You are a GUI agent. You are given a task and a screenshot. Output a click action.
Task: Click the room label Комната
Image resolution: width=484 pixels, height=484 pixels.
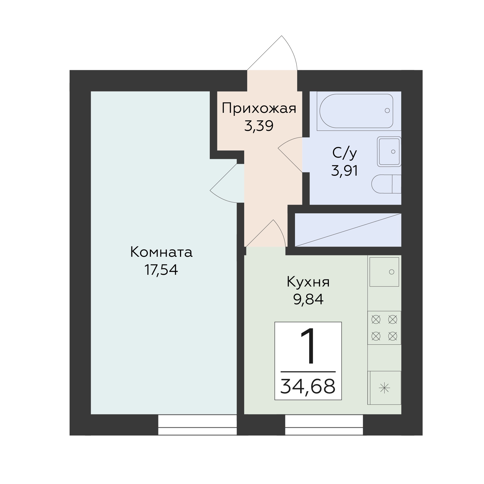tap(161, 252)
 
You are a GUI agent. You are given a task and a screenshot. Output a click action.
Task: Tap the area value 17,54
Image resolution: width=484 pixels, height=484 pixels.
tap(161, 270)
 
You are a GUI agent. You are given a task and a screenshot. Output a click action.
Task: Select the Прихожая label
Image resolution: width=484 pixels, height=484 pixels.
tap(259, 108)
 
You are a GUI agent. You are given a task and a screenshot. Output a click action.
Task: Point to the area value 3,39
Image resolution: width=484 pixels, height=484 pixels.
tap(259, 126)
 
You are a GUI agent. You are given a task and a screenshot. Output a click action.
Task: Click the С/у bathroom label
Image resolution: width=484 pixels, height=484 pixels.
tap(345, 153)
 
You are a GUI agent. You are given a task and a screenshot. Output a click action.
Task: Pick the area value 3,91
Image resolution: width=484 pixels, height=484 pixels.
tap(345, 171)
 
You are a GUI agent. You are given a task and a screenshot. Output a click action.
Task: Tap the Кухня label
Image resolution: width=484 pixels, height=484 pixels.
tap(308, 282)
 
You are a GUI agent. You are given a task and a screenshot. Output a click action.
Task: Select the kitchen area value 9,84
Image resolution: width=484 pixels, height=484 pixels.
tap(308, 300)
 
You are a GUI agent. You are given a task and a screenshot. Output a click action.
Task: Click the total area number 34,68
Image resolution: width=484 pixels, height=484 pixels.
tap(308, 386)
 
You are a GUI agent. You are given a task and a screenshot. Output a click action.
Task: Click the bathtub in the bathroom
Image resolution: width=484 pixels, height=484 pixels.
tap(356, 111)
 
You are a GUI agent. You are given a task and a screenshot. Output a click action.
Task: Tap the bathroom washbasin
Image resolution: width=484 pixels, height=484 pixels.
tap(389, 152)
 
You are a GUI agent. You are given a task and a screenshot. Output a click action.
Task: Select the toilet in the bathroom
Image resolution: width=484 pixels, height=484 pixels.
tap(386, 184)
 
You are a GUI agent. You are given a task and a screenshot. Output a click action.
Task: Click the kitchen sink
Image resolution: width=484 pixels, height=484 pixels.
tap(384, 272)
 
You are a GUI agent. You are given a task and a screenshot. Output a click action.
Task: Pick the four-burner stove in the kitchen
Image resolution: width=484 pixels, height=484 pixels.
tap(384, 327)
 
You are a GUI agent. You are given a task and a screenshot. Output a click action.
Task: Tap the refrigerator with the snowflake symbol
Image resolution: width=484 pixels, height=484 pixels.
tap(384, 388)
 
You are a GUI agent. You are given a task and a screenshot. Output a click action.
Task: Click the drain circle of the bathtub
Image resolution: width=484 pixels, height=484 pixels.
tap(387, 111)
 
